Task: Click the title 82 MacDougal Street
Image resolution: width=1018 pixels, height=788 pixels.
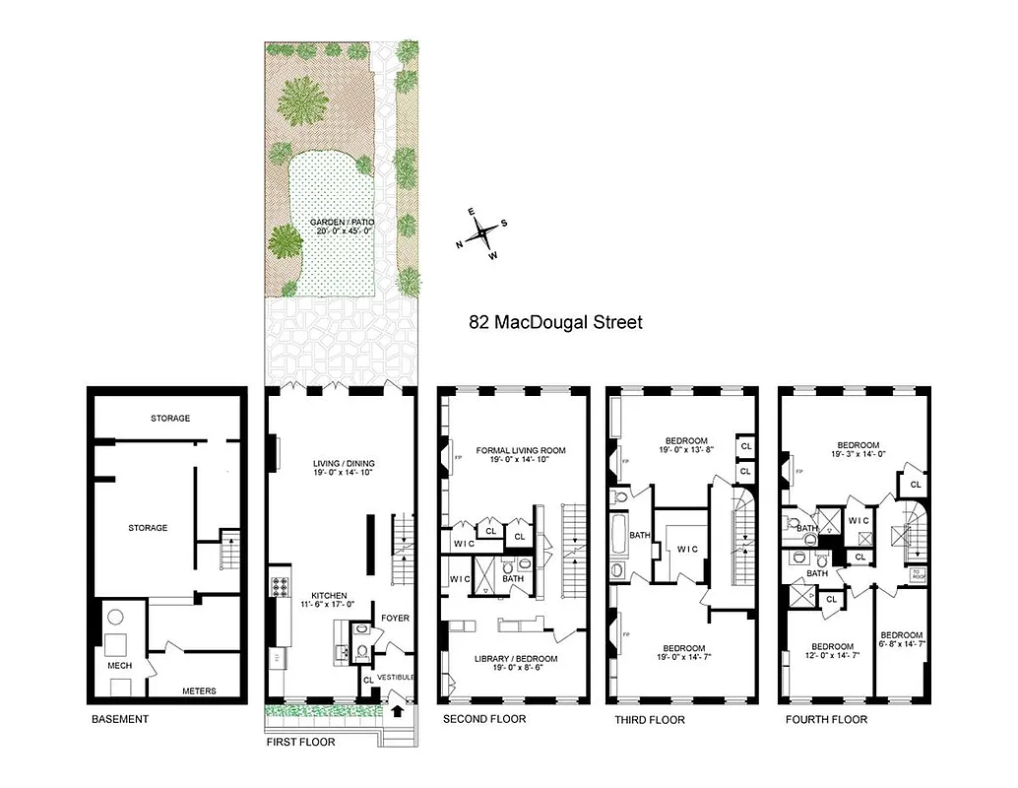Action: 554,322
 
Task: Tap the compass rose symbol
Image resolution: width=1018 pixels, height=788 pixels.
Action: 482,233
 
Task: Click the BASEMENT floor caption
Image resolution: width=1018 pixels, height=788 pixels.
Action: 120,719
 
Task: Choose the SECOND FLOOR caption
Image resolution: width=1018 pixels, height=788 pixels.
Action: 483,719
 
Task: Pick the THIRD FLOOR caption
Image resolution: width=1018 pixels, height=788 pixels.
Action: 650,720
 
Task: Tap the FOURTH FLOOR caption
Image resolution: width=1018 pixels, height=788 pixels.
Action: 826,720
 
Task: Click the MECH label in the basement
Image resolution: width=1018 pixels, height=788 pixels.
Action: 119,666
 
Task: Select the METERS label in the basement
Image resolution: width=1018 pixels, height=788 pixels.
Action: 199,690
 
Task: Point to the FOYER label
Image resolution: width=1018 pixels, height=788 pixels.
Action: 396,619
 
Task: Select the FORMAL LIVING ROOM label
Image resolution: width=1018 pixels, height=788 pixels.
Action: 521,451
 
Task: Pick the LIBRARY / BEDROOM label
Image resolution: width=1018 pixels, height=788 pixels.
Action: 516,658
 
